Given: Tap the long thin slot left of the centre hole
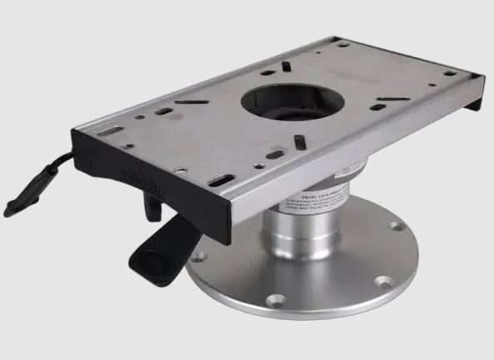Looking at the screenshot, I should point(192,102).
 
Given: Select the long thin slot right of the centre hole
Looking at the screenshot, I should point(392,100).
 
